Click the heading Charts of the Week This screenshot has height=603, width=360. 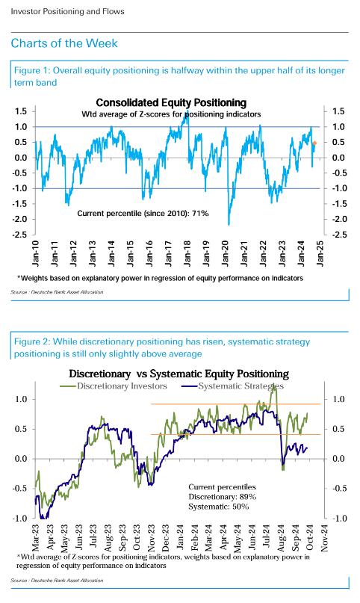[x=64, y=43]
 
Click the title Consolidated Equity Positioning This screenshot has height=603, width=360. [x=171, y=102]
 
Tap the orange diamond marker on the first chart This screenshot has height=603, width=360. [x=314, y=143]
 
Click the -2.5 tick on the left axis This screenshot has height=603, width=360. [x=19, y=235]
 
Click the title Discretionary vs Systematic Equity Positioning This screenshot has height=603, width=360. [x=179, y=374]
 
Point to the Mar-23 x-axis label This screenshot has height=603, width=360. [x=36, y=538]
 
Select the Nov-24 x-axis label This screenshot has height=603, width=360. [x=324, y=538]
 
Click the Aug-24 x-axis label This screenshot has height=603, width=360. [x=282, y=538]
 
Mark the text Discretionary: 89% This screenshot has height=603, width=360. [x=222, y=497]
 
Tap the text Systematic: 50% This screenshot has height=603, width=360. [x=219, y=507]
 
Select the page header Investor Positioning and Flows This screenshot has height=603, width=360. [x=68, y=11]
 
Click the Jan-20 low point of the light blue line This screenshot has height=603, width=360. [x=229, y=225]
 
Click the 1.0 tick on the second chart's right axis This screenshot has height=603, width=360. [x=339, y=400]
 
